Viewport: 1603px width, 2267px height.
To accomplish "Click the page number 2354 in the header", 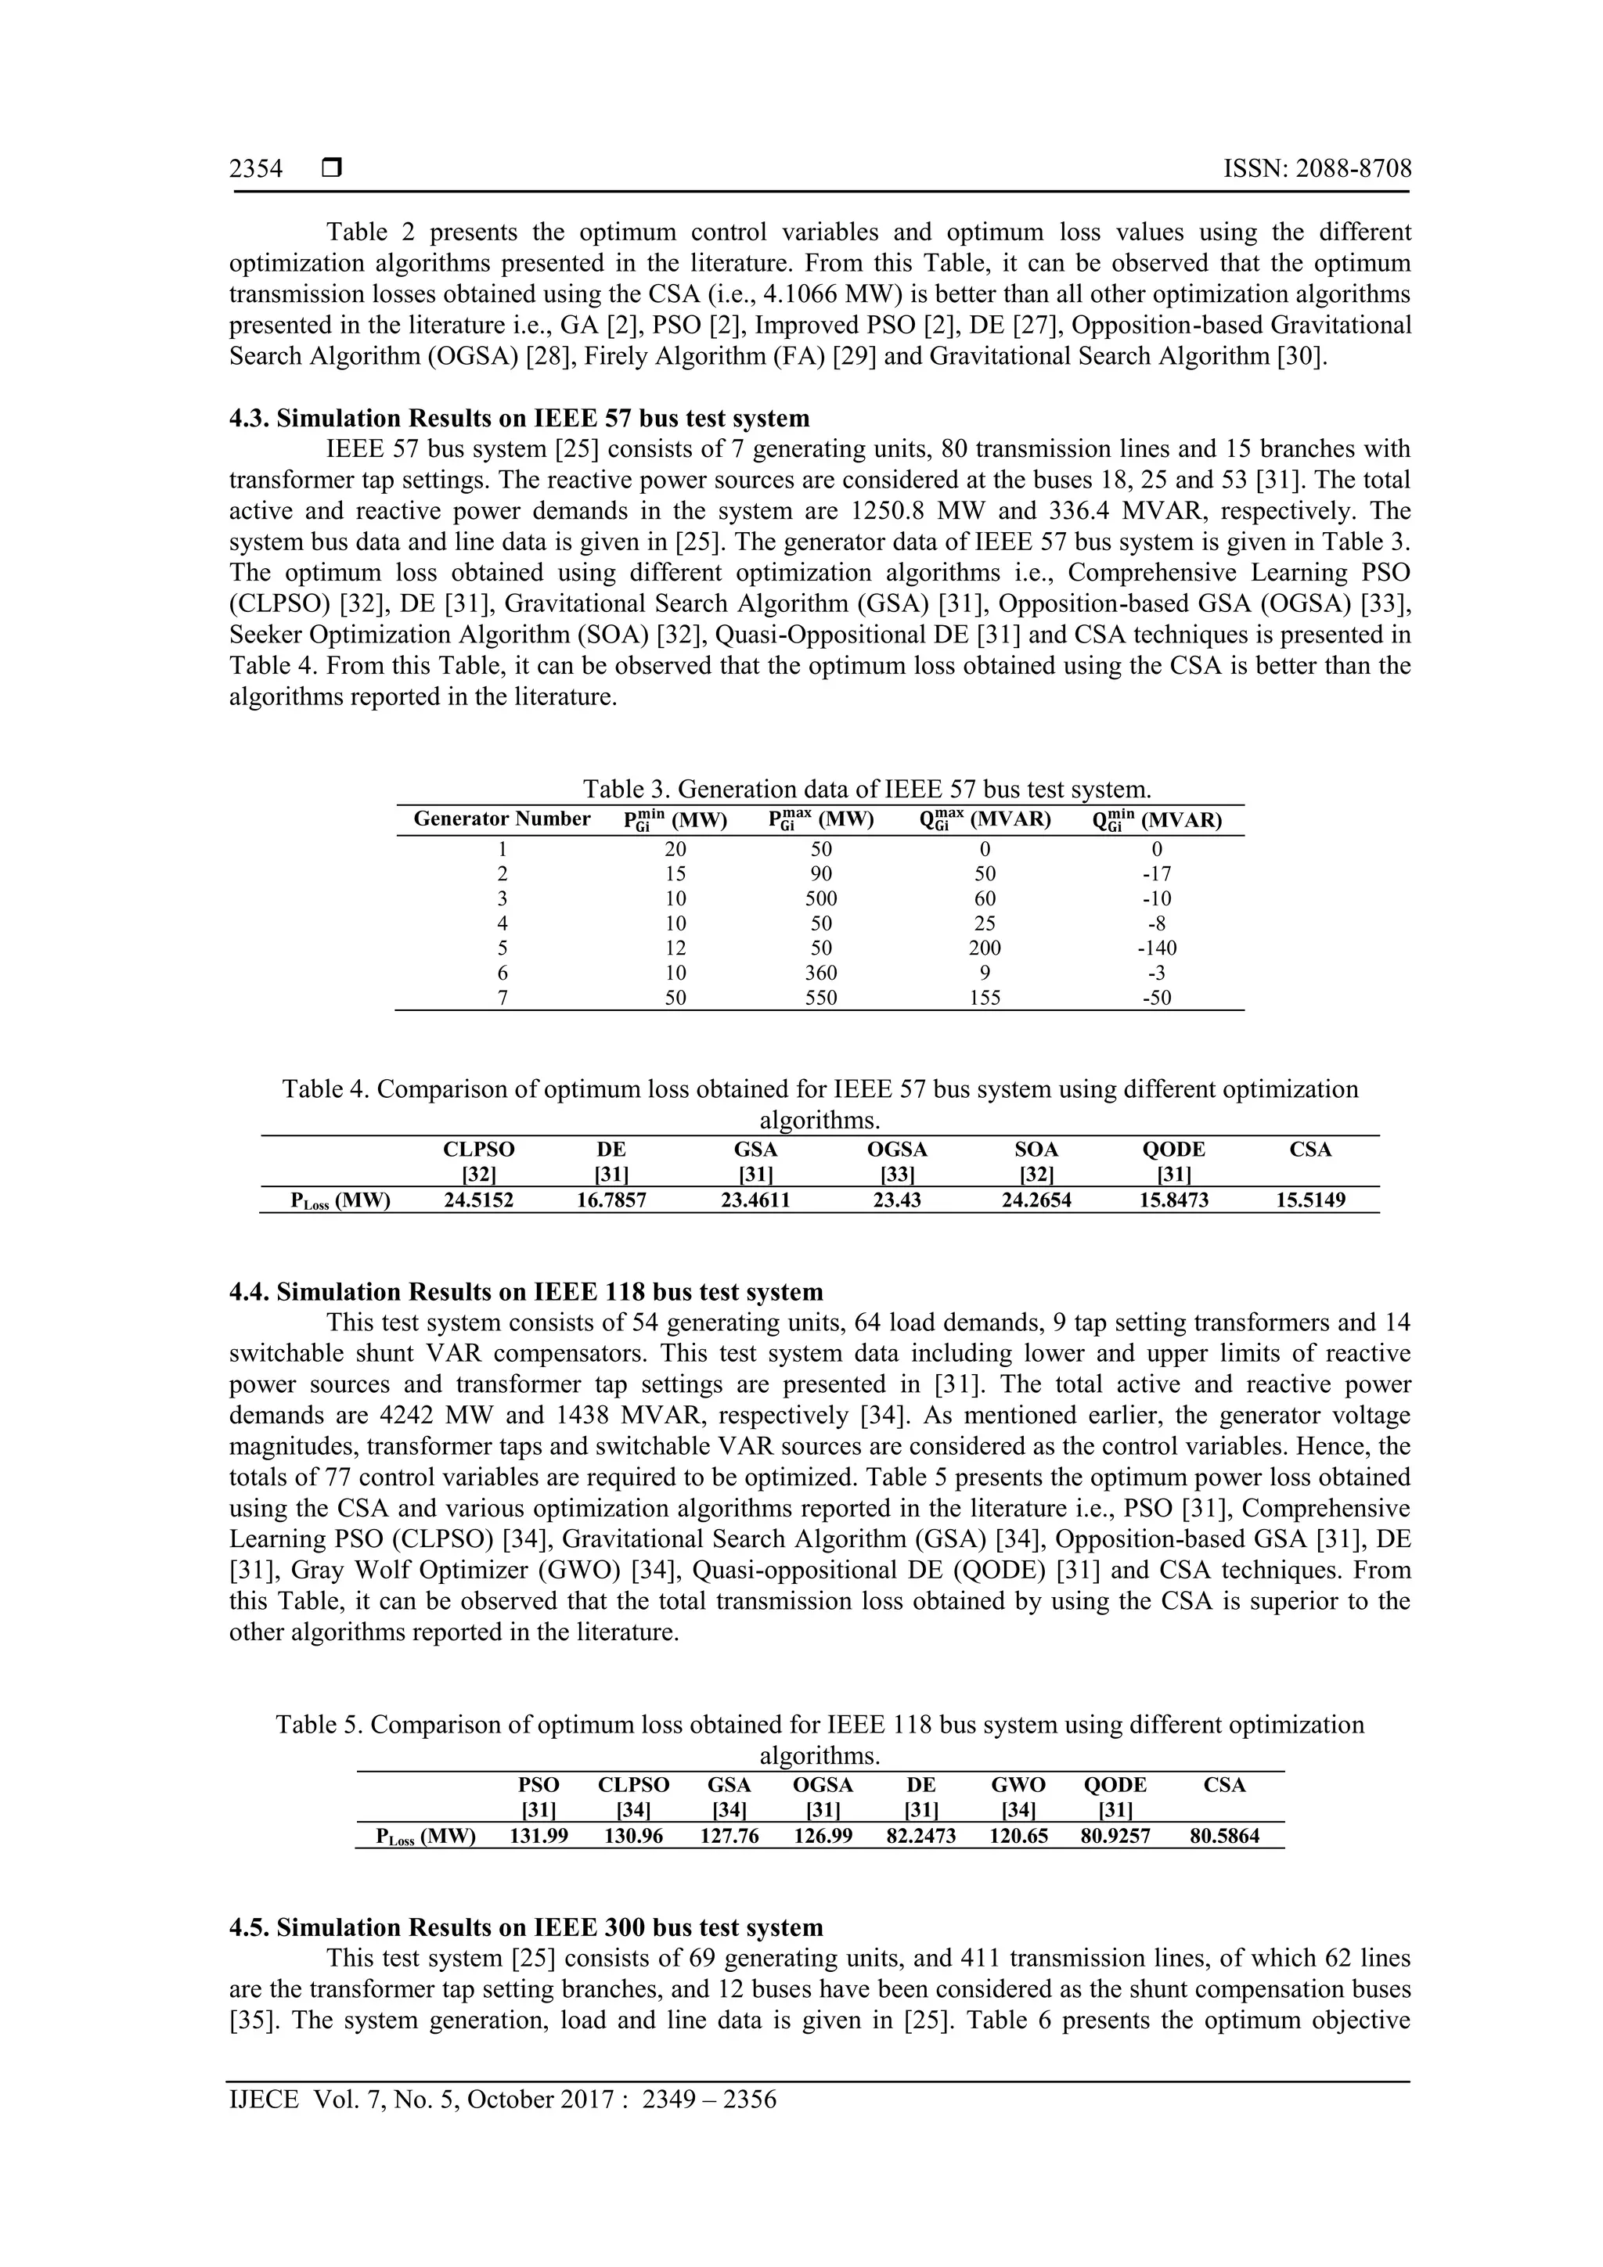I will pos(256,169).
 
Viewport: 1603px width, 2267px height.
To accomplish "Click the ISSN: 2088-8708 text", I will pos(1317,169).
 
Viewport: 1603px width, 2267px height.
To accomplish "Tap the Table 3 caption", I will pos(866,789).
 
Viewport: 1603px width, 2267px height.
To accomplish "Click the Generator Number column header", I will pos(502,819).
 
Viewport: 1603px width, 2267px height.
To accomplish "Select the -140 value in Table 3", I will pos(1157,948).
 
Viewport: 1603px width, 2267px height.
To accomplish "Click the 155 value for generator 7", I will pos(984,997).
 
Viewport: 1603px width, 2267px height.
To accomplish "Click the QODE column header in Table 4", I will pos(1173,1150).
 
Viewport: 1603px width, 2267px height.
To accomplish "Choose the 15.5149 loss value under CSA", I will pos(1310,1200).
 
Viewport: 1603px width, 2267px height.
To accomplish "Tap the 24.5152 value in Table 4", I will pos(478,1200).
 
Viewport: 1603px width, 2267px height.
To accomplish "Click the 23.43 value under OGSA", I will pos(897,1200).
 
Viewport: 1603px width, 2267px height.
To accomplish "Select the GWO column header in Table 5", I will pos(1018,1785).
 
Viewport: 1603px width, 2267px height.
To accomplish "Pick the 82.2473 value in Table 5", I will pos(920,1837).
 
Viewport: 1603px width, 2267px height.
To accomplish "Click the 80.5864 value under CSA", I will pos(1223,1837).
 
